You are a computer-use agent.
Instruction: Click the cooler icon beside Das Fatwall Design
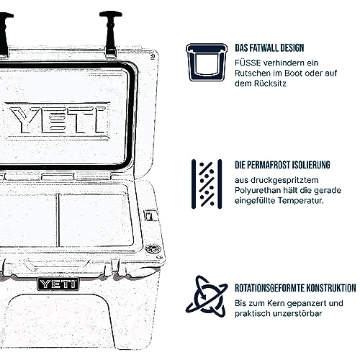click(x=207, y=63)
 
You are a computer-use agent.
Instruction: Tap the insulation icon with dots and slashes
click(x=207, y=184)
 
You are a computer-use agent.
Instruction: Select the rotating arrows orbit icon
click(x=207, y=297)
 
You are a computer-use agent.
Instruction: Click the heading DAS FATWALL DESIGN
click(x=269, y=48)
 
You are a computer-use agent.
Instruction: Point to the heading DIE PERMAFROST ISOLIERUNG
click(x=282, y=165)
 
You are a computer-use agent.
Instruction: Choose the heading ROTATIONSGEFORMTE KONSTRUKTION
click(x=295, y=288)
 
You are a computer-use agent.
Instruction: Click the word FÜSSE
click(x=248, y=63)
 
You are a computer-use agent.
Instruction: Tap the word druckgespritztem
click(x=284, y=180)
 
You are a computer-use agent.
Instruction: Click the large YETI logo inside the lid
click(x=58, y=120)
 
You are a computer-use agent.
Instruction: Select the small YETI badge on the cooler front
click(x=58, y=284)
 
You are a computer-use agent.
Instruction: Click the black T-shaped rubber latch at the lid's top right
click(x=111, y=34)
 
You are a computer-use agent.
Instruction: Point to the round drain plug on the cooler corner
click(x=153, y=249)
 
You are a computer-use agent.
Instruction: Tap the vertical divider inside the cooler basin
click(x=58, y=220)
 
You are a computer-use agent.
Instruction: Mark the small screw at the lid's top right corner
click(x=153, y=57)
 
